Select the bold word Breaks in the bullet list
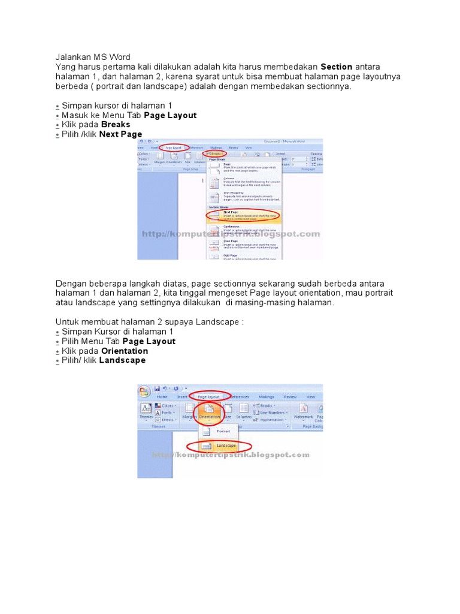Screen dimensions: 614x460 pos(116,125)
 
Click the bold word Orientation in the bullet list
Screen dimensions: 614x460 pos(125,351)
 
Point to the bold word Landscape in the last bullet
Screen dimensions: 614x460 pos(122,360)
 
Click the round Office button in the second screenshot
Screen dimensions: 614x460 pos(144,392)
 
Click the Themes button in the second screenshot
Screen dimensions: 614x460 pos(146,411)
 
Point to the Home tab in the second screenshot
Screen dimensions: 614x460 pos(162,397)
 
